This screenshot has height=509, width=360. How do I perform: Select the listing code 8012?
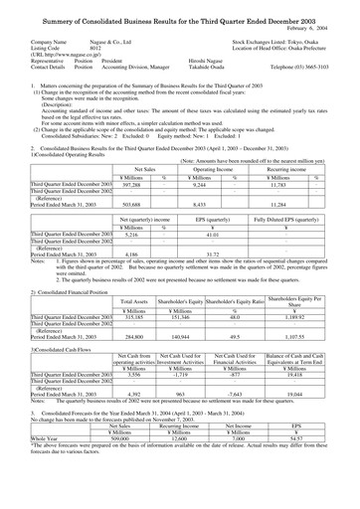(95, 49)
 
